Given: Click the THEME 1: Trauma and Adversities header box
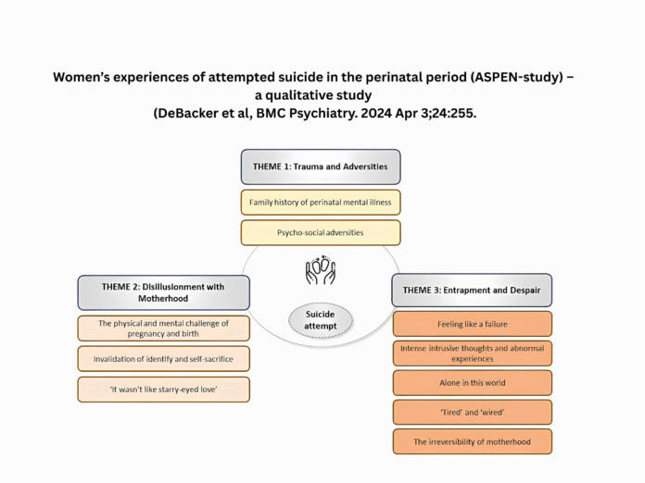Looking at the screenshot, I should [x=321, y=167].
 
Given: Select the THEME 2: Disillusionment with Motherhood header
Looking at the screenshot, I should [x=163, y=292].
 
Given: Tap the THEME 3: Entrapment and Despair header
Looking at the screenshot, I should [x=471, y=290].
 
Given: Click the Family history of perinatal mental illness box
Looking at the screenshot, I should [x=321, y=201].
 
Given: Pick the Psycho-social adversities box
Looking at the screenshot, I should [x=321, y=232].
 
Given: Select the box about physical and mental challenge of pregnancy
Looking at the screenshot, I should [x=163, y=328].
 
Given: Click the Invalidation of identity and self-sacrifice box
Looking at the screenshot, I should [x=163, y=359].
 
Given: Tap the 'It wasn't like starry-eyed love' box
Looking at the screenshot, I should [x=163, y=390].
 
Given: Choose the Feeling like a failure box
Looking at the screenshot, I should [x=471, y=324].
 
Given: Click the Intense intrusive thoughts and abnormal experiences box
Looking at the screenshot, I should [x=471, y=353].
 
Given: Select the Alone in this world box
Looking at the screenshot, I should [x=471, y=383].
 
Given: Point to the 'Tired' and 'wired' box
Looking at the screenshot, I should [x=471, y=412].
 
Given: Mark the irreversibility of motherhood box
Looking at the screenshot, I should [x=471, y=441].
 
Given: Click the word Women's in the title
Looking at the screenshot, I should [x=88, y=78].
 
